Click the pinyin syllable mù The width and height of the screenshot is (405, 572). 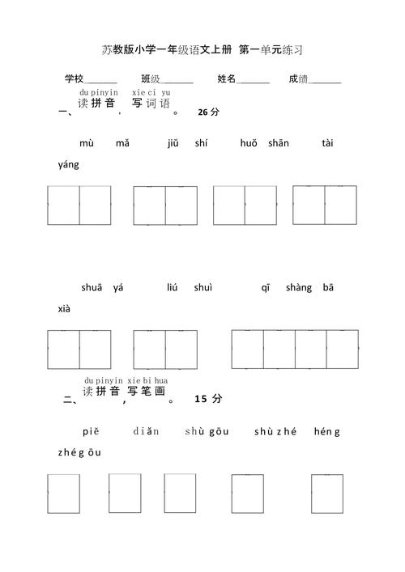[87, 143]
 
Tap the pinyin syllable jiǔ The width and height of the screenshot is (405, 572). [173, 143]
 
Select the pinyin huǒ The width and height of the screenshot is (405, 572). [249, 143]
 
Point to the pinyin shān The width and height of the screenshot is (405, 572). [278, 143]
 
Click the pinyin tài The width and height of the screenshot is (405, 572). [327, 143]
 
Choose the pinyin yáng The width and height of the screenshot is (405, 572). [69, 165]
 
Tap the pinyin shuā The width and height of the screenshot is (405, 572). [92, 287]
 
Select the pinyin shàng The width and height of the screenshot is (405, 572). [299, 287]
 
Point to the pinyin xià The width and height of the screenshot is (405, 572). [65, 309]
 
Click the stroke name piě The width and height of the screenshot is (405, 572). [90, 431]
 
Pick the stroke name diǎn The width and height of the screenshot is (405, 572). [146, 431]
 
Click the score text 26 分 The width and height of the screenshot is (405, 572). [208, 113]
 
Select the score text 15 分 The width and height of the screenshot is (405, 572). [207, 400]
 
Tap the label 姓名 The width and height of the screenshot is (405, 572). [227, 78]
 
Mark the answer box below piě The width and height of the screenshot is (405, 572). [62, 494]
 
